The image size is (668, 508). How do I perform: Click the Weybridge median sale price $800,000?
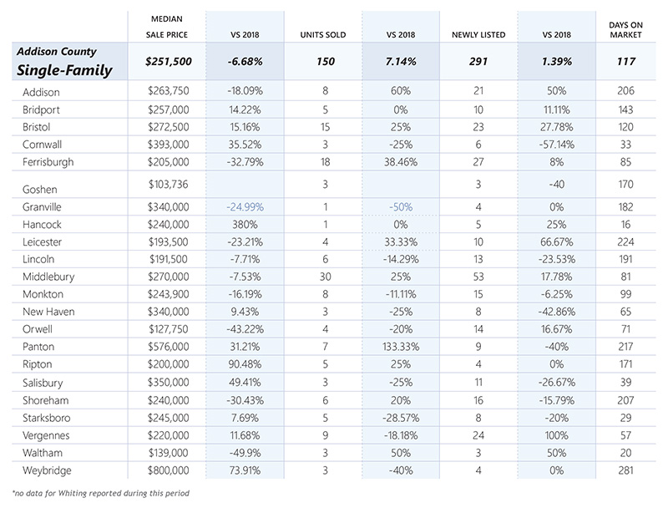(169, 470)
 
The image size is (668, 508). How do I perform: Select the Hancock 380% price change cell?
(245, 224)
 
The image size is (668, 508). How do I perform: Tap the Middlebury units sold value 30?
(325, 277)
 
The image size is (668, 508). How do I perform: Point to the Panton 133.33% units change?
(401, 347)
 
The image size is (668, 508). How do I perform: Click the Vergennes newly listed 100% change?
(556, 435)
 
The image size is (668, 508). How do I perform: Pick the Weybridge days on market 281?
(625, 470)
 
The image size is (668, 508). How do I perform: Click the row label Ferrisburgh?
(48, 162)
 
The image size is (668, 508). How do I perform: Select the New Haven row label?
(48, 312)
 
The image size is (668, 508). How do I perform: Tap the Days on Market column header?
(625, 30)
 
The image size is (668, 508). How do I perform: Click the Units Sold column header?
(323, 35)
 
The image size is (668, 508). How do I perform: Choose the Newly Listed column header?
(478, 35)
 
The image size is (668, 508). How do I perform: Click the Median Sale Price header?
(166, 27)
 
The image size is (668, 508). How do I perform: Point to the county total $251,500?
(169, 61)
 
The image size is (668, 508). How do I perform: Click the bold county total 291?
(478, 61)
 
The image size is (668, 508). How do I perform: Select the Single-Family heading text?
(64, 70)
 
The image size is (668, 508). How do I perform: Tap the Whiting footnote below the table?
(100, 493)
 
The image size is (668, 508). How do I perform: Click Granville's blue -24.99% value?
(245, 206)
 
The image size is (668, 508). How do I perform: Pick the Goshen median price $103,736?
(169, 184)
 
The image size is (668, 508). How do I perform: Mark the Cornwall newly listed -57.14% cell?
(556, 145)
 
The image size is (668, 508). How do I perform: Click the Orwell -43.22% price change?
(245, 329)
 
